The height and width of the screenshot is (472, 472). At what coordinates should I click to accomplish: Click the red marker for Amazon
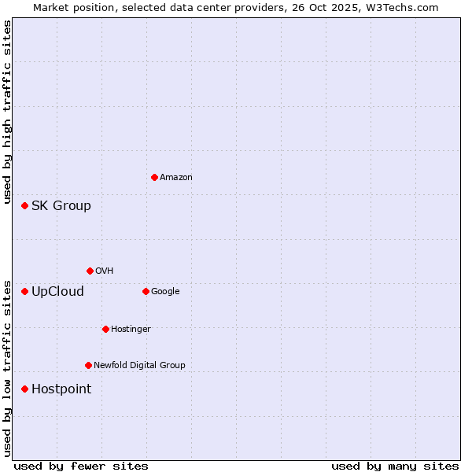[154, 177]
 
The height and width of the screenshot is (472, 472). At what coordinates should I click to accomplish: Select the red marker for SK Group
[24, 205]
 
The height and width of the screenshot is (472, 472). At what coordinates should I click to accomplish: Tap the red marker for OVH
[90, 271]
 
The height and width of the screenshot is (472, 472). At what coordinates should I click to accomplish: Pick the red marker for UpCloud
[24, 291]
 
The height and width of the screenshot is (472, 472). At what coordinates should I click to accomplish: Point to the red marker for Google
[146, 291]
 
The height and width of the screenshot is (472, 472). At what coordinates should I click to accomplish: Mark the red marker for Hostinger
[105, 329]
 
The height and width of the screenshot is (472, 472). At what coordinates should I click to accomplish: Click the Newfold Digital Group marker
[88, 365]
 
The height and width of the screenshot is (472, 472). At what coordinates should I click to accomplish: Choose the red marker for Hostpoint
[24, 389]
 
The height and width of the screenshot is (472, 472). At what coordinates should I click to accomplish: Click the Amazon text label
[175, 178]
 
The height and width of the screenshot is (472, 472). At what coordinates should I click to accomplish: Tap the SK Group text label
[61, 206]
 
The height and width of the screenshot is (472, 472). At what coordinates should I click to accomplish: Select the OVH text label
[104, 271]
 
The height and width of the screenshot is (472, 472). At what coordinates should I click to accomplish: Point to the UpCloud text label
[57, 292]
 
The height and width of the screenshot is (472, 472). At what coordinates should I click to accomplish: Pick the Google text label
[165, 292]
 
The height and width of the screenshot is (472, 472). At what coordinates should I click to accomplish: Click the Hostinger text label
[131, 330]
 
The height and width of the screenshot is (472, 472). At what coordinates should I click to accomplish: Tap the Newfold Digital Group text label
[139, 366]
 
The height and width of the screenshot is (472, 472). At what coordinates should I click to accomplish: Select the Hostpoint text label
[61, 389]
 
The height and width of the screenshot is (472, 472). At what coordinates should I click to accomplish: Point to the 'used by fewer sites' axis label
[81, 466]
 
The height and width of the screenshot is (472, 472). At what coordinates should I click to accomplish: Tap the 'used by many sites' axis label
[395, 466]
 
